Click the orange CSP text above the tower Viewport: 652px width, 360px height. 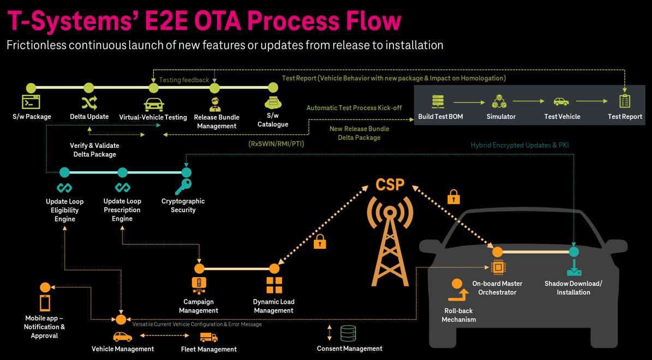coord(390,184)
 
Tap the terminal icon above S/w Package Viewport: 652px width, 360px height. coord(31,101)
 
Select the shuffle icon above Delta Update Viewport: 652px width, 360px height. coord(89,103)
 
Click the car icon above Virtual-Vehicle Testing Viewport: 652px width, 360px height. coord(154,104)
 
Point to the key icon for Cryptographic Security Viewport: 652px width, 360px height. coord(183,187)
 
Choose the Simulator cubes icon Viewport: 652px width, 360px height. coord(499,101)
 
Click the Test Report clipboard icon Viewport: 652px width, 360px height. coord(625,101)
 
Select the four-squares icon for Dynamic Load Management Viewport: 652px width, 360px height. coord(274,285)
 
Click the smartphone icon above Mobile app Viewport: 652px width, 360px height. coord(45,302)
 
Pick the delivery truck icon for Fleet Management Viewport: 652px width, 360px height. coord(208,337)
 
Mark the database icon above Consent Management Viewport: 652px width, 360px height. coord(348,333)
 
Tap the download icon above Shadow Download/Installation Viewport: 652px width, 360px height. coord(573,268)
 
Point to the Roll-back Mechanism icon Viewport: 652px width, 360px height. coord(458,291)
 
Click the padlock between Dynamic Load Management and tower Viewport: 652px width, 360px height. coord(320,242)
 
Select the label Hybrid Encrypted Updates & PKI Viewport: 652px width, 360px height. coord(519,145)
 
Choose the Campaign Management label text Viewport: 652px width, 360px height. coord(199,306)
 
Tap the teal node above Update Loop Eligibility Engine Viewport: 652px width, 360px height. coord(64,172)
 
